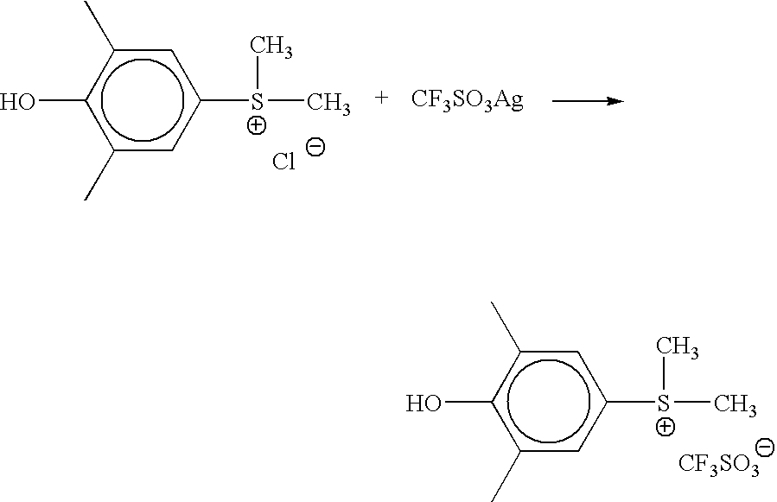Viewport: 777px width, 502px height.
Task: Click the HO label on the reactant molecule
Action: pyautogui.click(x=18, y=102)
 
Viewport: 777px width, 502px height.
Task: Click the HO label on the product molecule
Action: pyautogui.click(x=424, y=404)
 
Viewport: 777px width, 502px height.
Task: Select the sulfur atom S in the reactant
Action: pyautogui.click(x=257, y=102)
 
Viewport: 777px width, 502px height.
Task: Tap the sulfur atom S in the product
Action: pyautogui.click(x=664, y=403)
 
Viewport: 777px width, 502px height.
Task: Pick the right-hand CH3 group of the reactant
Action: pyautogui.click(x=328, y=103)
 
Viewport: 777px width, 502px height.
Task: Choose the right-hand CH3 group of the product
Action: pyautogui.click(x=736, y=404)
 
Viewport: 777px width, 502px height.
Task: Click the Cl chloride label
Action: pyautogui.click(x=284, y=162)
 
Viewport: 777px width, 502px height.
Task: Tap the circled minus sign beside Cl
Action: pyautogui.click(x=316, y=147)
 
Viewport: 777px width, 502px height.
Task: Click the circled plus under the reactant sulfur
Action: pyautogui.click(x=256, y=125)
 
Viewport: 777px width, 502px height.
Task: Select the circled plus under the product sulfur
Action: pyautogui.click(x=665, y=427)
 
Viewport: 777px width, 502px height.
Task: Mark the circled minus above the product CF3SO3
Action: pyautogui.click(x=765, y=448)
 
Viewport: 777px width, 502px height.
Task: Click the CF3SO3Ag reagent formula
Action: pyautogui.click(x=468, y=100)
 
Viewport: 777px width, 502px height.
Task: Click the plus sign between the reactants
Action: pyautogui.click(x=381, y=98)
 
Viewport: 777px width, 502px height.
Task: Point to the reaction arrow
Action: pyautogui.click(x=589, y=101)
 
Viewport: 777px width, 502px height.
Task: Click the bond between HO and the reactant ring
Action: pyautogui.click(x=61, y=100)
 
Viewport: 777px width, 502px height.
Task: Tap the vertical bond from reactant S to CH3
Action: pyautogui.click(x=258, y=73)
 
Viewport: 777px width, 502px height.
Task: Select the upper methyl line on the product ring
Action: pyautogui.click(x=506, y=327)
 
